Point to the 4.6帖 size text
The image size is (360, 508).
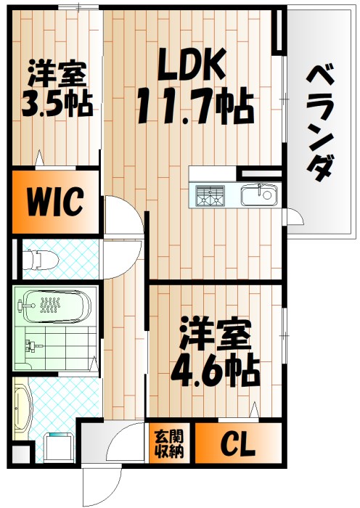point(215,370)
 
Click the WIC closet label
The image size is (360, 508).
point(55,201)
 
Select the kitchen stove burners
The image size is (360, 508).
point(212,194)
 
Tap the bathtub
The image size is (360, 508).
point(53,306)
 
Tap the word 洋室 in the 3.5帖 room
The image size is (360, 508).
point(57,75)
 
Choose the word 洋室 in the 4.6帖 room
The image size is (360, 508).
point(215,336)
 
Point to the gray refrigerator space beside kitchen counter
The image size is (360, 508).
point(260,173)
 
